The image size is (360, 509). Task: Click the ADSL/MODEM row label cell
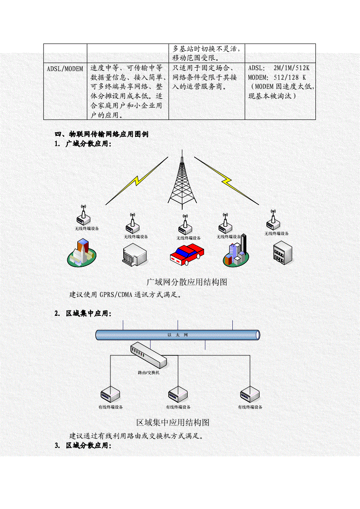coord(65,69)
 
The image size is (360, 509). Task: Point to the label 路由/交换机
coord(149,373)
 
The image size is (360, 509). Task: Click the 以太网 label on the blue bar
coord(177,335)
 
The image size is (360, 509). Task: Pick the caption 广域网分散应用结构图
coord(187,282)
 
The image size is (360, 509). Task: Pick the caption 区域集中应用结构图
coord(173,422)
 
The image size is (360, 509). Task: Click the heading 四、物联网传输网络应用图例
coord(101,135)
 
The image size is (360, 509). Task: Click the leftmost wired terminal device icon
coord(110,393)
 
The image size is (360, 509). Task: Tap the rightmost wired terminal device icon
coord(250,393)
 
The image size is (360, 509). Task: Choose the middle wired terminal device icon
coord(177,393)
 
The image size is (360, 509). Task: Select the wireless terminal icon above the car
coord(184,225)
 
